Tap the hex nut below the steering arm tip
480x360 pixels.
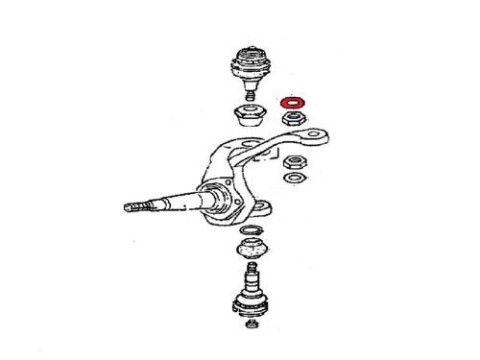[x=295, y=160]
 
